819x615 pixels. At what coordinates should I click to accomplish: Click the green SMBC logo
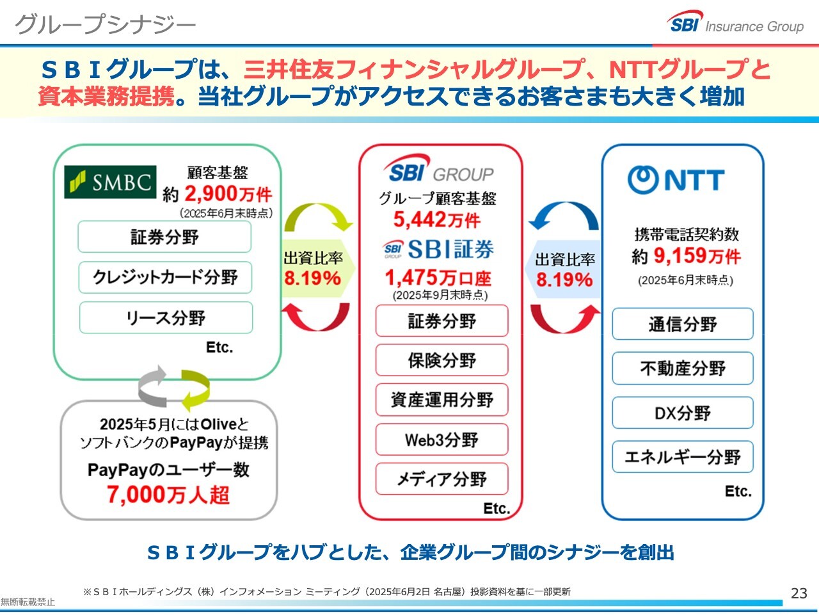(x=110, y=182)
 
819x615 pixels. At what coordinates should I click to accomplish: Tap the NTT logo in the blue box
(x=676, y=180)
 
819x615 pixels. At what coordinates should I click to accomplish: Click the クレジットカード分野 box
(x=165, y=277)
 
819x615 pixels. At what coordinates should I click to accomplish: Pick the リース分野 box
(x=166, y=317)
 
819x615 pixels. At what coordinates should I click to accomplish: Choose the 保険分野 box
(x=441, y=360)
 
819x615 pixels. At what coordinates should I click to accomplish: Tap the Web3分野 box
(x=441, y=440)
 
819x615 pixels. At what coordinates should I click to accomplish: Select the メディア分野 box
(x=441, y=479)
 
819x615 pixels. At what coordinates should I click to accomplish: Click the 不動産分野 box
(x=683, y=369)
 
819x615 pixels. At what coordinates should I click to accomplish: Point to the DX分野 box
(x=683, y=413)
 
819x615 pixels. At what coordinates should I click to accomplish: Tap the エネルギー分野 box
(x=683, y=457)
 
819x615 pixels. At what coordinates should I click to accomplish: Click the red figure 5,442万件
(x=437, y=220)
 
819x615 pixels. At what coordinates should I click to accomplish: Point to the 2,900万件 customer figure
(x=228, y=194)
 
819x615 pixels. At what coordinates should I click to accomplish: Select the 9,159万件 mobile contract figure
(x=697, y=256)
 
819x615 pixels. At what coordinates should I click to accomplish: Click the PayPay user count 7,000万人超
(x=168, y=495)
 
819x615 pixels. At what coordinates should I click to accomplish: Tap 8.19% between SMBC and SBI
(x=313, y=278)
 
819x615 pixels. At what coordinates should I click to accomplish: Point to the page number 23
(x=799, y=593)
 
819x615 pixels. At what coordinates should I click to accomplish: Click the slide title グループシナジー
(x=105, y=24)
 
